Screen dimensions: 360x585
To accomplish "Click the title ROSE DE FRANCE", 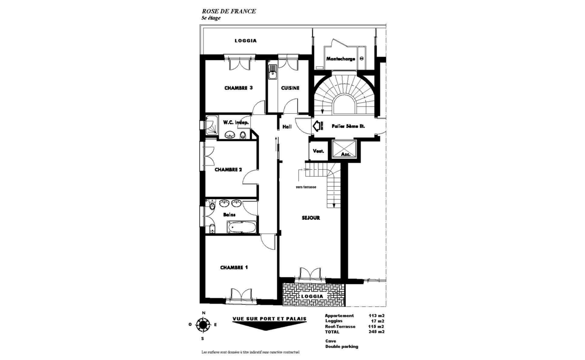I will [229, 11].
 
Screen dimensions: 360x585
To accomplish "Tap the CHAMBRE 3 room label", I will [238, 88].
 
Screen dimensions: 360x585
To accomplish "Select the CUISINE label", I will [290, 88].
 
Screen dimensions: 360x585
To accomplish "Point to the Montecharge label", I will [340, 59].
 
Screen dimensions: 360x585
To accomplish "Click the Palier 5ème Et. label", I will [348, 127].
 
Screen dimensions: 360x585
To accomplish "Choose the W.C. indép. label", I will [236, 122].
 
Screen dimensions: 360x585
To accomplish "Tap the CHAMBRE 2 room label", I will [228, 170].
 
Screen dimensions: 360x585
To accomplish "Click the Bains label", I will [229, 215].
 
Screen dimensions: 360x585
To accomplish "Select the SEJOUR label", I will [311, 217].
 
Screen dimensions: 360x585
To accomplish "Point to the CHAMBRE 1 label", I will [233, 268].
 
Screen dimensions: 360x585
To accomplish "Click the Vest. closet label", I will [318, 151].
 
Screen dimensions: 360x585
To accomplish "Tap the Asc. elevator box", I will [345, 150].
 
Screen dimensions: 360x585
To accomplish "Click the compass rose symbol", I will [202, 324].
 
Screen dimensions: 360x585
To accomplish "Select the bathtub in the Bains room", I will [241, 228].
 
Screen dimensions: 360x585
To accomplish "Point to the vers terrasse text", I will [306, 187].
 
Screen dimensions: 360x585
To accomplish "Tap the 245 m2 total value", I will [376, 332].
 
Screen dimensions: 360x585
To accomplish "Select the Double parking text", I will [342, 346].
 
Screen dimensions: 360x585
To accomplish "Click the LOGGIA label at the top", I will [245, 41].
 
